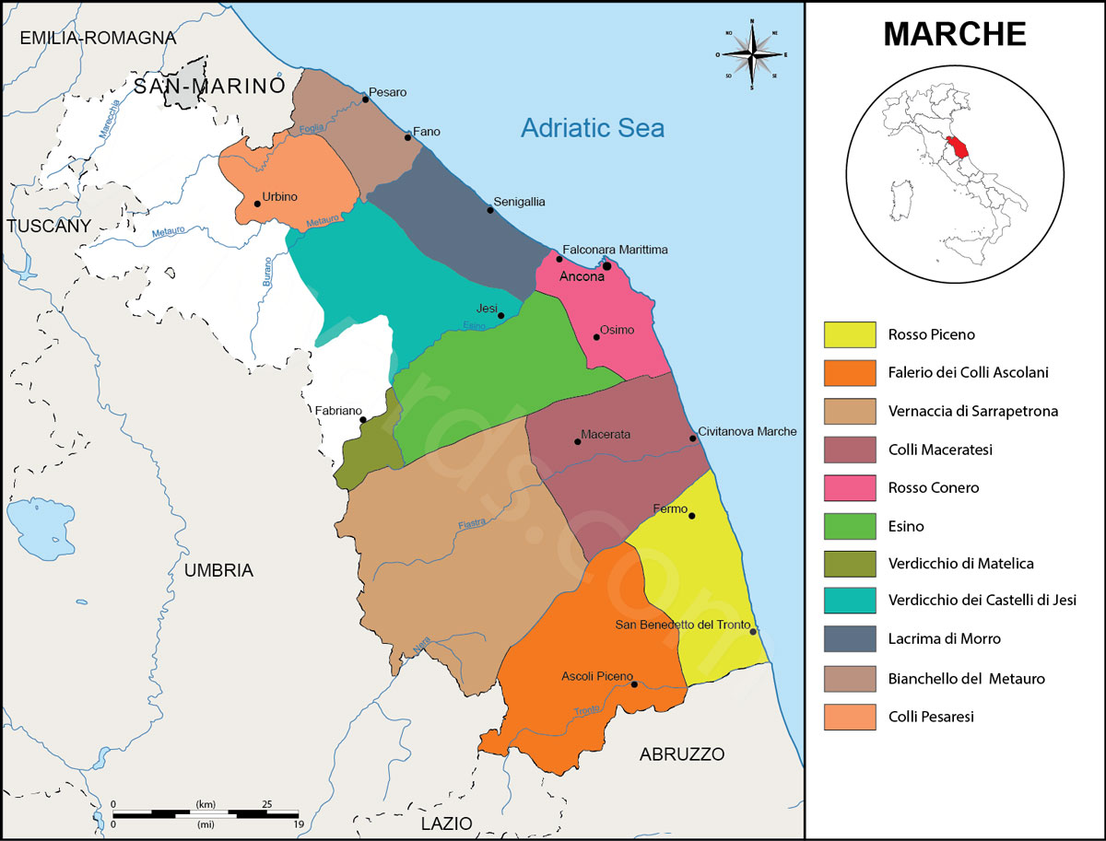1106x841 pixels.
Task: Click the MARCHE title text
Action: pyautogui.click(x=955, y=34)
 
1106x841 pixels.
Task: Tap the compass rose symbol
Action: pyautogui.click(x=753, y=54)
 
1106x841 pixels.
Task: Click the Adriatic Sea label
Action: pyautogui.click(x=592, y=128)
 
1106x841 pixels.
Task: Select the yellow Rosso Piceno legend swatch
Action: pyautogui.click(x=849, y=335)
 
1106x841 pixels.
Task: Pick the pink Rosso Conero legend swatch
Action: pyautogui.click(x=849, y=487)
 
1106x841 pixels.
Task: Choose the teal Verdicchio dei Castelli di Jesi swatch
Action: pyautogui.click(x=849, y=601)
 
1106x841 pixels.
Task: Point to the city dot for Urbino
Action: pyautogui.click(x=257, y=204)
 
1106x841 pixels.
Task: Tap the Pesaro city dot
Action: pyautogui.click(x=366, y=99)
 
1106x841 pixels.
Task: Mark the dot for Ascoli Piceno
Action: pyautogui.click(x=634, y=683)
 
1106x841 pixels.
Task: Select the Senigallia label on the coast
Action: pyautogui.click(x=519, y=201)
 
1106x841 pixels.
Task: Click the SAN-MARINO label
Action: pyautogui.click(x=207, y=86)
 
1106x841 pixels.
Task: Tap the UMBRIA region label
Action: pyautogui.click(x=218, y=570)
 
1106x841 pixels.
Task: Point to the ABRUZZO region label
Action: pyautogui.click(x=682, y=754)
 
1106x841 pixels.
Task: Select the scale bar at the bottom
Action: pyautogui.click(x=206, y=812)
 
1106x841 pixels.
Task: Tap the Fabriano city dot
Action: pyautogui.click(x=363, y=420)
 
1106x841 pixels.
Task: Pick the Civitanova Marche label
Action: pyautogui.click(x=747, y=431)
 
